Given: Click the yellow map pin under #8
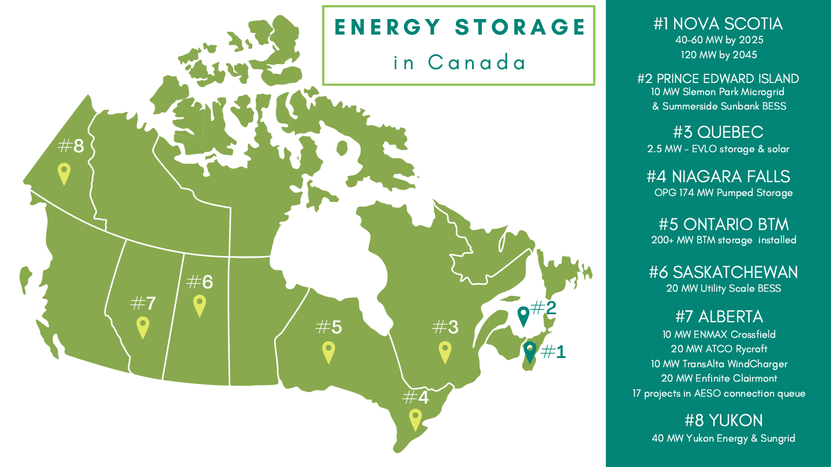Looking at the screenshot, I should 64,172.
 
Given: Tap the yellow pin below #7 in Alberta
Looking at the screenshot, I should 143,326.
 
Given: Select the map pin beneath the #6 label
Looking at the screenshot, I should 200,304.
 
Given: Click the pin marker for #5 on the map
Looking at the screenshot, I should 328,351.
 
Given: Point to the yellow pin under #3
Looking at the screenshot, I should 444,351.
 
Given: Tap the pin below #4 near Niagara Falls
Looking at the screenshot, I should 415,418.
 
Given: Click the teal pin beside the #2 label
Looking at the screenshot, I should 523,315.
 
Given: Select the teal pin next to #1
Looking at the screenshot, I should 529,351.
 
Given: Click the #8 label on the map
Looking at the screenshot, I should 71,146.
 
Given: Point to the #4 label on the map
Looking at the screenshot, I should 415,397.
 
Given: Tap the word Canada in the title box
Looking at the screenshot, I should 477,62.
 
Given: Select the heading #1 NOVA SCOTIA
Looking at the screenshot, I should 718,24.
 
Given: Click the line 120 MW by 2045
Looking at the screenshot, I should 718,55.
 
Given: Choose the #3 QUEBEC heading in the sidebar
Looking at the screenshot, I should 718,133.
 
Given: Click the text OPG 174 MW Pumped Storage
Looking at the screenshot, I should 723,193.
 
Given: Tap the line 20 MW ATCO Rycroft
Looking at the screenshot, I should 718,349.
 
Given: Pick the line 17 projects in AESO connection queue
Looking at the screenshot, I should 718,394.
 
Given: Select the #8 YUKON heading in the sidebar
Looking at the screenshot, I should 723,420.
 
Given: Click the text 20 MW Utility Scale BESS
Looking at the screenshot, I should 723,288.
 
